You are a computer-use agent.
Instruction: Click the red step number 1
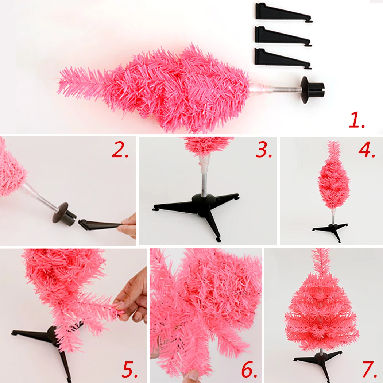coord(357,120)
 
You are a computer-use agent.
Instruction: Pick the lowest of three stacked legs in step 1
coord(282,59)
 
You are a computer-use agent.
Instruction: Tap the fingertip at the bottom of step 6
coord(193,376)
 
